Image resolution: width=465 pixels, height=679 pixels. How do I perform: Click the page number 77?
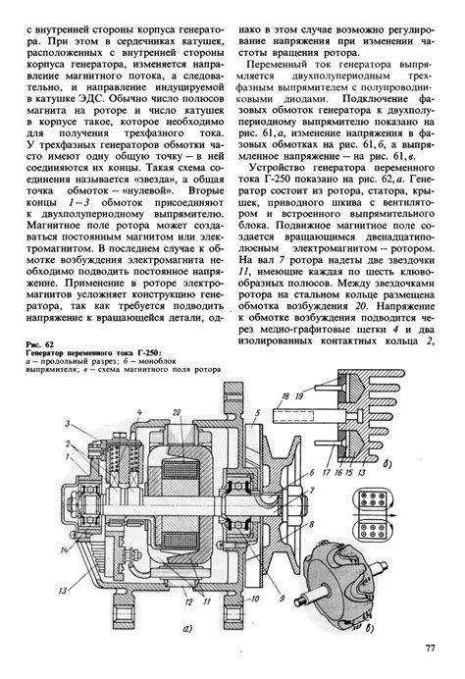coord(430,649)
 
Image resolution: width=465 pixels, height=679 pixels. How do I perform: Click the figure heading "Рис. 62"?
coord(40,344)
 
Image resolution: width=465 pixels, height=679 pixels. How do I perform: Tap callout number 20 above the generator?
coord(176,413)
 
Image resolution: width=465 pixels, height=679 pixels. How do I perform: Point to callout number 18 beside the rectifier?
coord(284,396)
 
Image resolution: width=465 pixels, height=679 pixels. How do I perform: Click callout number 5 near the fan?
coord(257,412)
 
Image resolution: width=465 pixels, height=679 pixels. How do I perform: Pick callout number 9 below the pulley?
coord(282,599)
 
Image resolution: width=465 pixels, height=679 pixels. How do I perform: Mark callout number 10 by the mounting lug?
coord(255,600)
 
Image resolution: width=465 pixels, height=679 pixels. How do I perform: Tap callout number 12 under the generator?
coord(188,602)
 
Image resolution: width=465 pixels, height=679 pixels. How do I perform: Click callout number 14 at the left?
coord(65,550)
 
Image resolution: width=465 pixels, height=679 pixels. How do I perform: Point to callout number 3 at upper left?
coord(68,424)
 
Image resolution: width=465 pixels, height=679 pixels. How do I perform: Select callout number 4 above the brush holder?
coord(139,412)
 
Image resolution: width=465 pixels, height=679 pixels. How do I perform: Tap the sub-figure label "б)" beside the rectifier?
coord(387,465)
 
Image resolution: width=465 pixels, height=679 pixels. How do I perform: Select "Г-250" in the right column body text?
coord(276,180)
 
